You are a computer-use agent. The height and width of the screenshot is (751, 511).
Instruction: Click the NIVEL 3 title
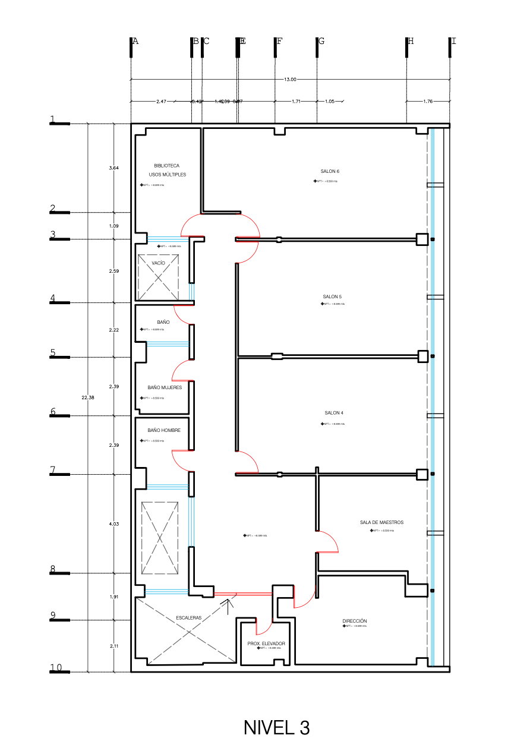point(276,728)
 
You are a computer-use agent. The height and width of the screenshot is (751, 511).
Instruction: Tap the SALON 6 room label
point(330,171)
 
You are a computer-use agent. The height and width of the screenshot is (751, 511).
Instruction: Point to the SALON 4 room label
point(333,413)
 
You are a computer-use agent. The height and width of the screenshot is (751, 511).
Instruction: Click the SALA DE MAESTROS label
point(381,522)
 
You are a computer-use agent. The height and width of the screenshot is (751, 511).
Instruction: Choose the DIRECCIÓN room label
point(355,620)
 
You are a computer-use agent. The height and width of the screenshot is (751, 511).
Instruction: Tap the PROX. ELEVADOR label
point(266,643)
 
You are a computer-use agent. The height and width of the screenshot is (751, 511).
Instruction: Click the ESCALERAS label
point(189,617)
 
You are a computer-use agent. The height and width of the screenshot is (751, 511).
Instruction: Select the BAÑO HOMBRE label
point(164,430)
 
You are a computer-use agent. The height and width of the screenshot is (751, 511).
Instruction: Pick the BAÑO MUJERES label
point(165,387)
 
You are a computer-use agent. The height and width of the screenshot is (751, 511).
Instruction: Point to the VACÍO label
point(158,262)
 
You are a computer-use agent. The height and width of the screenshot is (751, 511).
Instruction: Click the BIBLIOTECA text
point(166,166)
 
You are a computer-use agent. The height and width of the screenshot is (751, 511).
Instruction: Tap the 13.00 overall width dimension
point(290,79)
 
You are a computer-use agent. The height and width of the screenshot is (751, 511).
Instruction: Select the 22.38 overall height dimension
point(88,397)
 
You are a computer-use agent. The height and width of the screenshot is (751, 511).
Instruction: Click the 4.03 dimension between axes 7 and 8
point(114,523)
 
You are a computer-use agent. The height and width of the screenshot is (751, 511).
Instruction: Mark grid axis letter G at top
point(321,41)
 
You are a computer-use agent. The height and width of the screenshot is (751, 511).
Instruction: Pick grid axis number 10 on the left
point(55,668)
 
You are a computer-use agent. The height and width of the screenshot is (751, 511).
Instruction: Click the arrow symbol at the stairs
point(229,604)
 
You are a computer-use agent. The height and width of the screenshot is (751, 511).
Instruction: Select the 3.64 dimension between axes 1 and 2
point(114,168)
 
